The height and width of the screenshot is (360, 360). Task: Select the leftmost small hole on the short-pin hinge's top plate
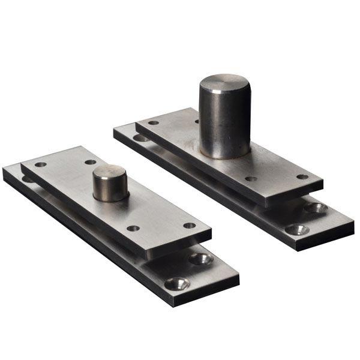[x=40, y=164]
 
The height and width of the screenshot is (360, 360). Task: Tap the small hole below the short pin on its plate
[x=133, y=228]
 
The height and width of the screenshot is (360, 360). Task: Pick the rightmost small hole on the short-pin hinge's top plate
[x=190, y=226]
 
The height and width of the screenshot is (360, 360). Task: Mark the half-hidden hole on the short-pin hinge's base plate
[x=28, y=179]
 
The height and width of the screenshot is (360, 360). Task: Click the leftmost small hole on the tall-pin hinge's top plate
[x=154, y=122]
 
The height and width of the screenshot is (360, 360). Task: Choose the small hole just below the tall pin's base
[x=251, y=178]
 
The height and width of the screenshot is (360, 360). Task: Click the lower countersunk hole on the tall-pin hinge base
[x=298, y=229]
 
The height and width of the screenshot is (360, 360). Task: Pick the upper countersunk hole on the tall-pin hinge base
[x=316, y=208]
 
